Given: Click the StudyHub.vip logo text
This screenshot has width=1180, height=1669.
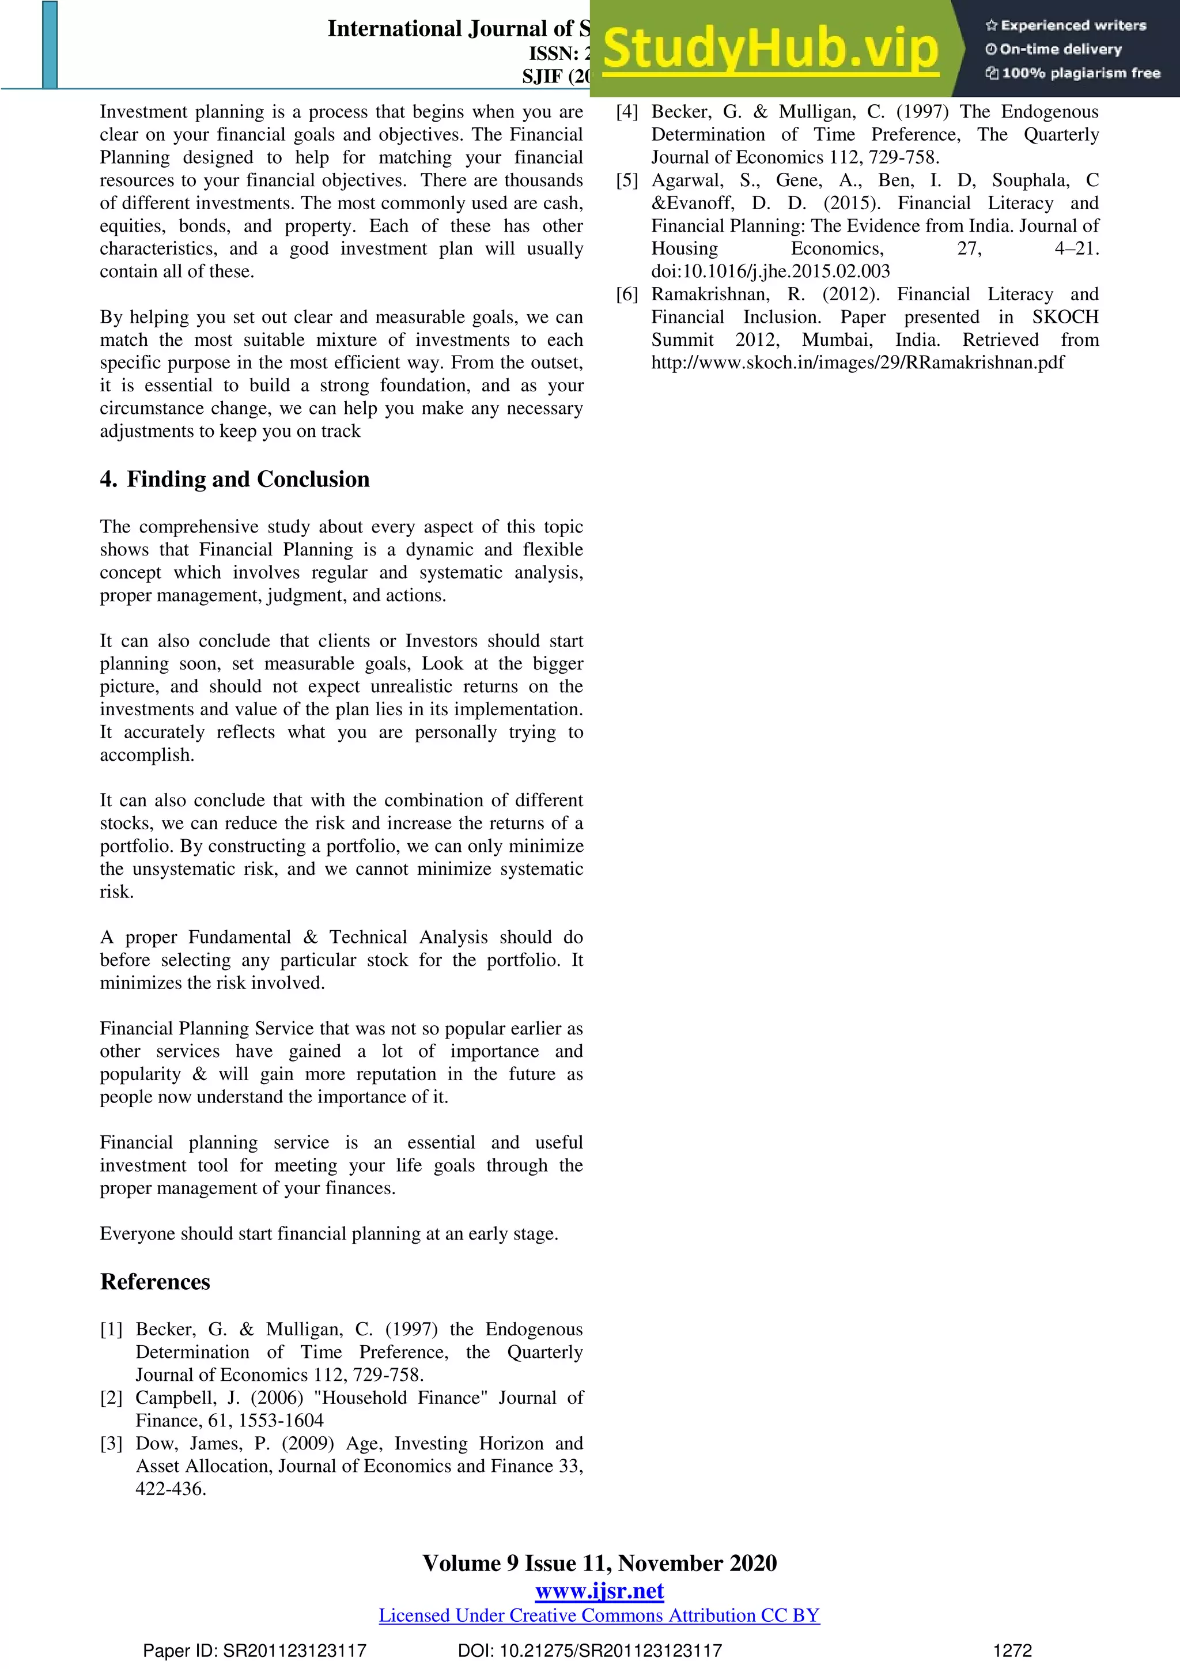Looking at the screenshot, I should point(770,50).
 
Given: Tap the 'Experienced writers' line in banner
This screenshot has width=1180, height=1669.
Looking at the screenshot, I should point(1065,25).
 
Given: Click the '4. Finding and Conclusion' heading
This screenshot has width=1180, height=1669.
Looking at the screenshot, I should point(235,479).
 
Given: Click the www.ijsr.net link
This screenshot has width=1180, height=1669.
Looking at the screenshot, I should point(599,1591).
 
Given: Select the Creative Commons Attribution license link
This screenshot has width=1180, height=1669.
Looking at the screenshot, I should point(599,1615).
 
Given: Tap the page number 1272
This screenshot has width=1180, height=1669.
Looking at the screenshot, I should point(1012,1651).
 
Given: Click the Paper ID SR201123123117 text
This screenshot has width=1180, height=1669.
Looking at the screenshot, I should point(254,1651).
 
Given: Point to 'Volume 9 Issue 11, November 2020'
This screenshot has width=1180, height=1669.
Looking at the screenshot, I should point(599,1563).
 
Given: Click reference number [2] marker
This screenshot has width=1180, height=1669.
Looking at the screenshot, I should point(111,1397).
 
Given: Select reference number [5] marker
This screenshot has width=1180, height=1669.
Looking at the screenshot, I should point(627,180).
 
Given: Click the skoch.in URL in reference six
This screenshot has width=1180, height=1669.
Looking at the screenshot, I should point(857,363).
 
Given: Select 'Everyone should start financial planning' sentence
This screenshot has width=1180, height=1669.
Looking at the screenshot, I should point(328,1233).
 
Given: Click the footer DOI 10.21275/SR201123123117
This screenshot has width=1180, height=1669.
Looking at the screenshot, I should point(590,1651).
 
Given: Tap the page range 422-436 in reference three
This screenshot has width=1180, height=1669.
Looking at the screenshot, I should point(171,1489).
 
